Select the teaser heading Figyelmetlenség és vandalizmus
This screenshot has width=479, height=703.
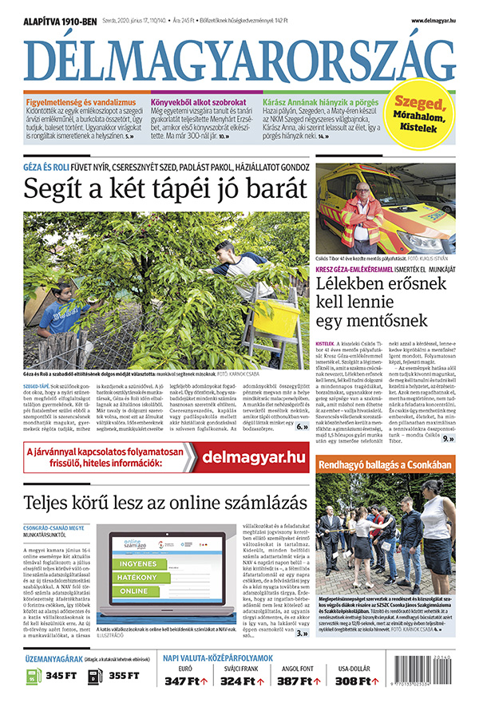point(80,102)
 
